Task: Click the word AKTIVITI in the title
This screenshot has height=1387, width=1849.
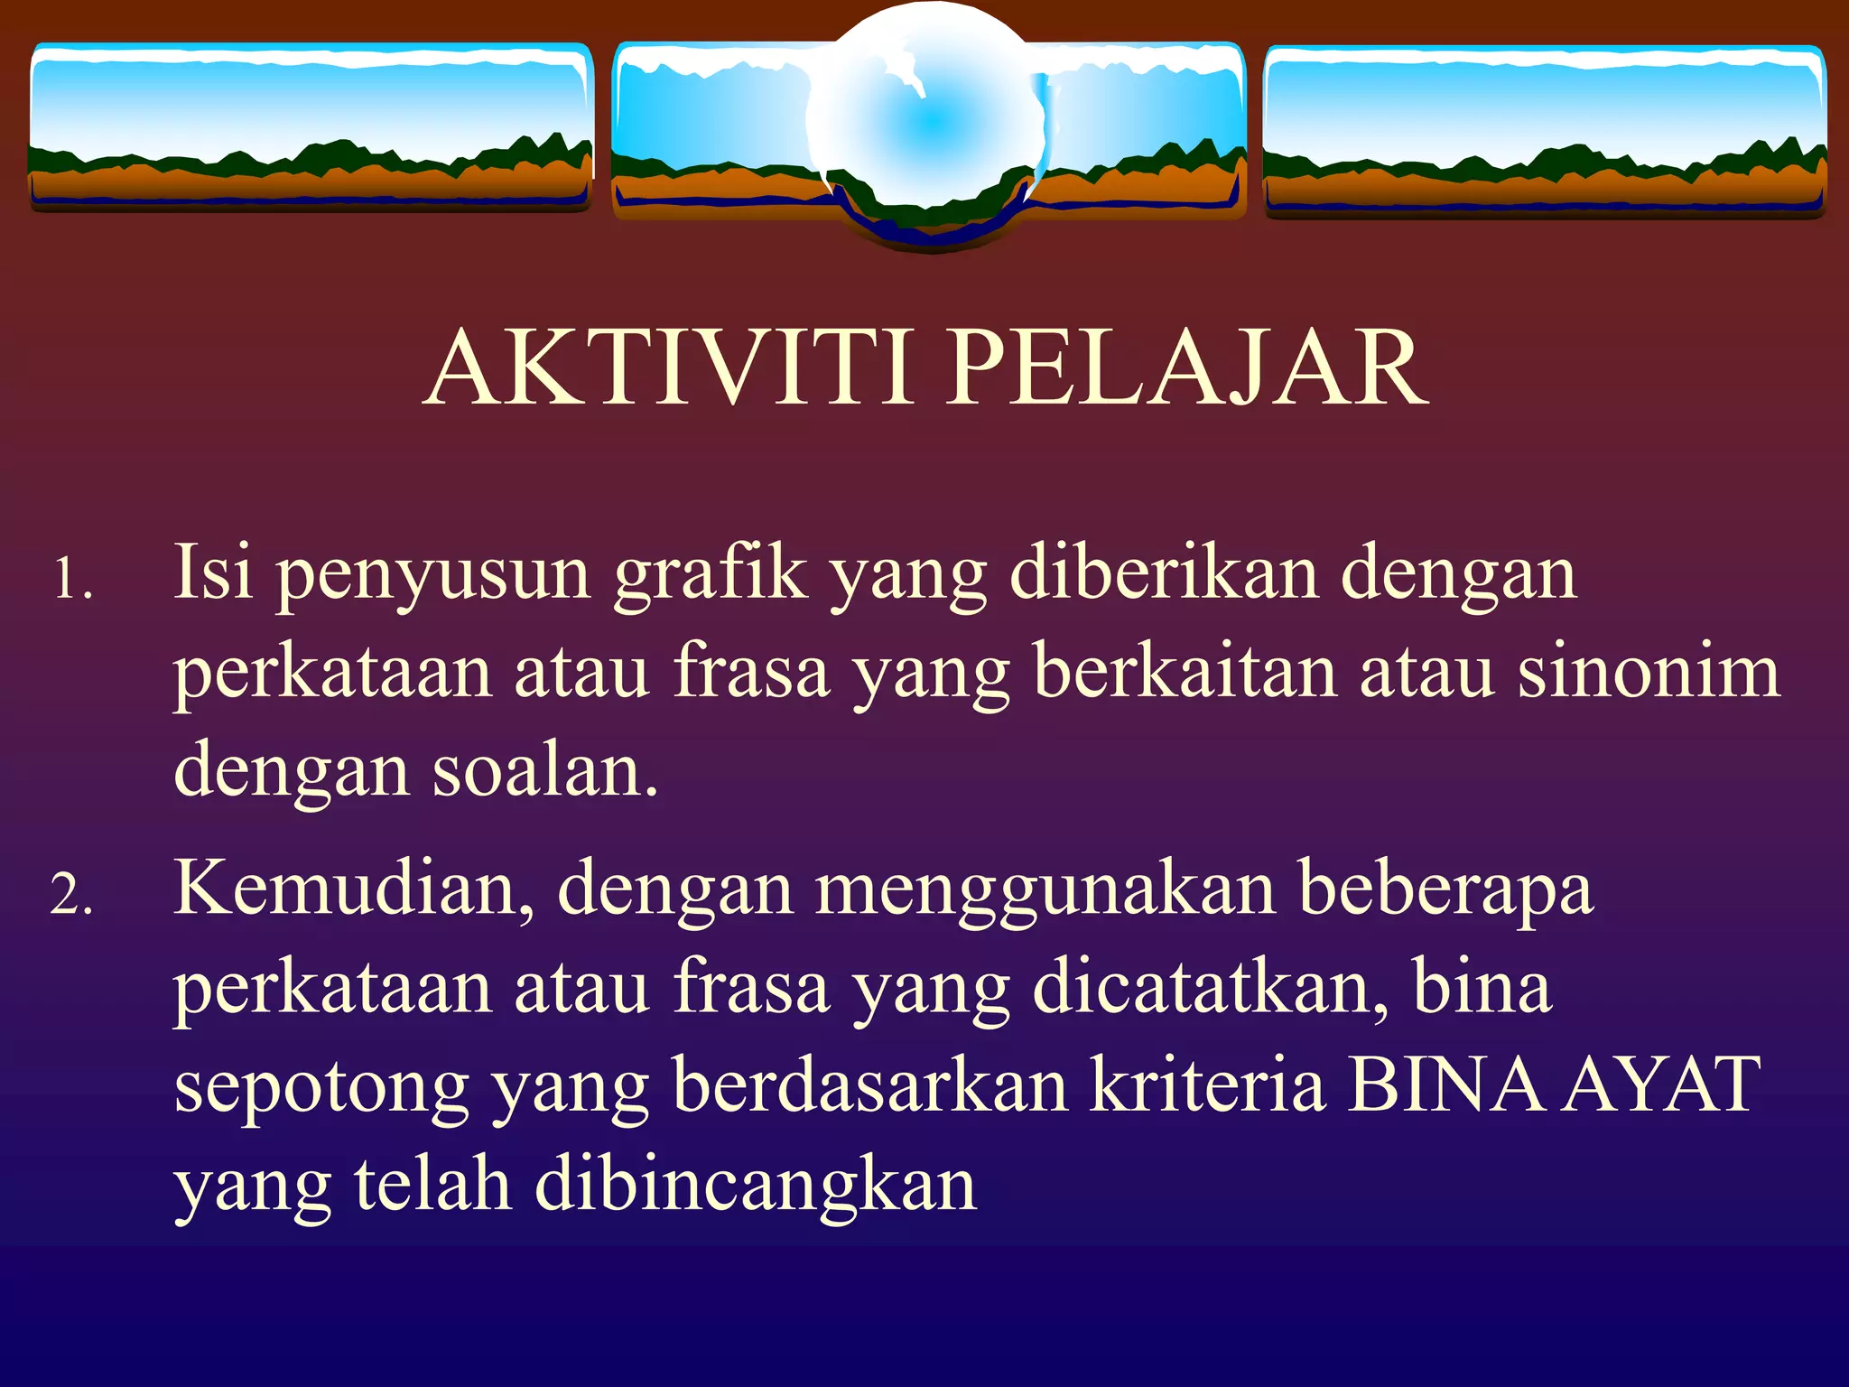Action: point(668,368)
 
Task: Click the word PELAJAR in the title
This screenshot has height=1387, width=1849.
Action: point(1186,368)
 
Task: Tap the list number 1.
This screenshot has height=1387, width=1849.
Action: point(72,578)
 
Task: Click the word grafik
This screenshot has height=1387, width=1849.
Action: point(710,572)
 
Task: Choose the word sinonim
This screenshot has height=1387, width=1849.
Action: point(1649,672)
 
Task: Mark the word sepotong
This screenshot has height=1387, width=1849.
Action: point(321,1089)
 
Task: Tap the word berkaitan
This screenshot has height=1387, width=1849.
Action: point(1184,672)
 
